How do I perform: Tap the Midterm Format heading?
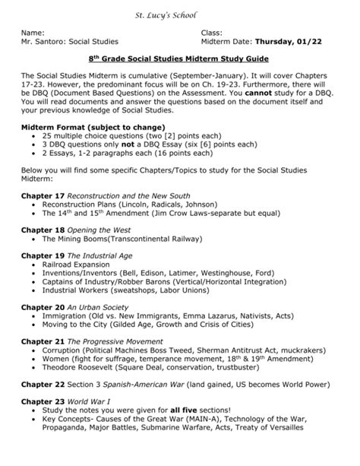(x=70, y=127)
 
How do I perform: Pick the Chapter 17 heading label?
(x=38, y=195)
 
